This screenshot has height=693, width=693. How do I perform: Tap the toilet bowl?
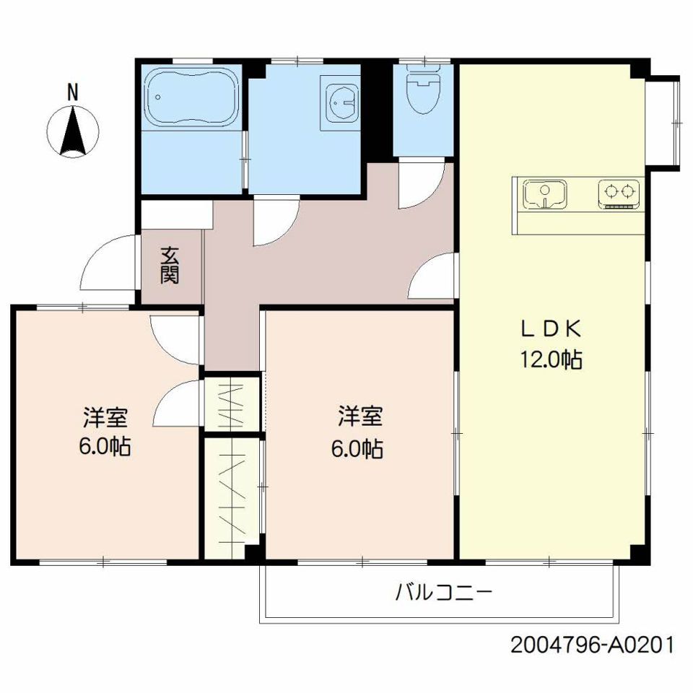tap(424, 92)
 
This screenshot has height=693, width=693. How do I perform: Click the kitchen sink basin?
tap(544, 193)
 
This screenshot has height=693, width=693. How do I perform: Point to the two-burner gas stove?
tap(619, 193)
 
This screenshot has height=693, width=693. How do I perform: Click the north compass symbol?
tap(73, 131)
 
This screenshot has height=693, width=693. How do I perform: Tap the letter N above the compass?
tap(72, 92)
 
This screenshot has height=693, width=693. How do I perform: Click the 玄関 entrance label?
tap(170, 265)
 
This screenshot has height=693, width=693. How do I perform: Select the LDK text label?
tap(550, 329)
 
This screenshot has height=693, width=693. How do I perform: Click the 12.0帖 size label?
tap(551, 359)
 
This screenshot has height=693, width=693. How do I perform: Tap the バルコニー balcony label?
tap(443, 592)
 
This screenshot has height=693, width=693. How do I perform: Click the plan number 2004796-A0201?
tap(593, 645)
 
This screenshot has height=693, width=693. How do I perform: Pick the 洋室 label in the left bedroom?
tap(105, 417)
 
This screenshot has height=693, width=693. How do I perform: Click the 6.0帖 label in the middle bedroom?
tap(357, 449)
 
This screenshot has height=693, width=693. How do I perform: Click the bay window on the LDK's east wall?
tap(663, 123)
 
